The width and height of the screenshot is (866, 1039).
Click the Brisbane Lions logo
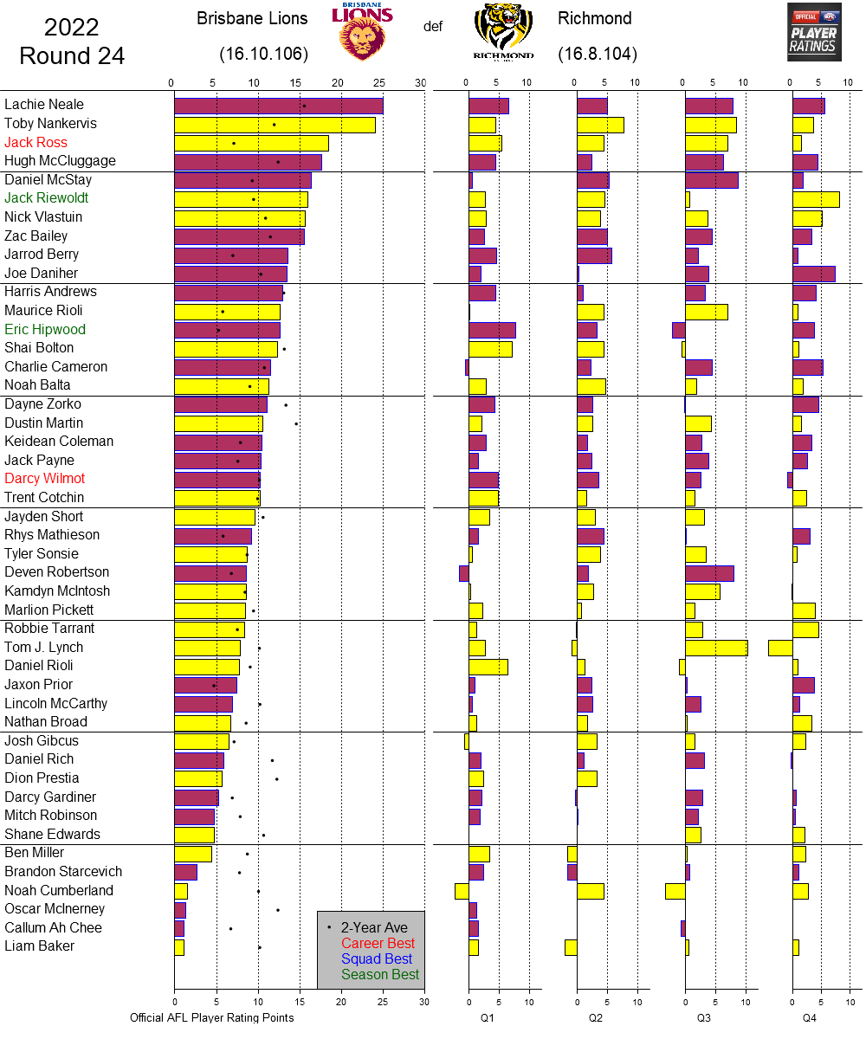(x=362, y=32)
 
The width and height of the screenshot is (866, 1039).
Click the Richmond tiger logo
(x=503, y=32)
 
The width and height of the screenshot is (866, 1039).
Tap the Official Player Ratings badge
(x=814, y=32)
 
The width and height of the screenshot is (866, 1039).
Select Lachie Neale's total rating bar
(x=278, y=106)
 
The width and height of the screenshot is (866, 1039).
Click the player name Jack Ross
(x=36, y=143)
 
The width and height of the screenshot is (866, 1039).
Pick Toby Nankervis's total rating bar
(x=275, y=125)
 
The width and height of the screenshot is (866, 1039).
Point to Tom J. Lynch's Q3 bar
(x=716, y=648)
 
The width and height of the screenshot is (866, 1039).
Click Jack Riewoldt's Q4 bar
(x=816, y=199)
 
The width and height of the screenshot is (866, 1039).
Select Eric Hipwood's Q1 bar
(x=492, y=330)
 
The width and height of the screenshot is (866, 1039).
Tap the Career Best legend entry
(x=378, y=944)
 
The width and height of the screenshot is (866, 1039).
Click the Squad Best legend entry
(x=376, y=959)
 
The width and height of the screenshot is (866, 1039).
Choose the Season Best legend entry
(x=379, y=975)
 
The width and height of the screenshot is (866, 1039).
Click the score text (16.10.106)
(x=264, y=55)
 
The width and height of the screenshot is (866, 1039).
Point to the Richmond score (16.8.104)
(x=598, y=55)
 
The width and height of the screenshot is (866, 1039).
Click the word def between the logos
(x=433, y=27)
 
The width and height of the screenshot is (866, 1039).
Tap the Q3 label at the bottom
(x=704, y=1018)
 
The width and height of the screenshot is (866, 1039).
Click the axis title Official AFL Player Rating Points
(x=211, y=1018)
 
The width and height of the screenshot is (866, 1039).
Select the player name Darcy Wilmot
(x=45, y=479)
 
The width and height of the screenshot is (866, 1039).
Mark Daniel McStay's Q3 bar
(x=712, y=180)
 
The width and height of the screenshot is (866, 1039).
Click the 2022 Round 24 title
(x=72, y=42)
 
